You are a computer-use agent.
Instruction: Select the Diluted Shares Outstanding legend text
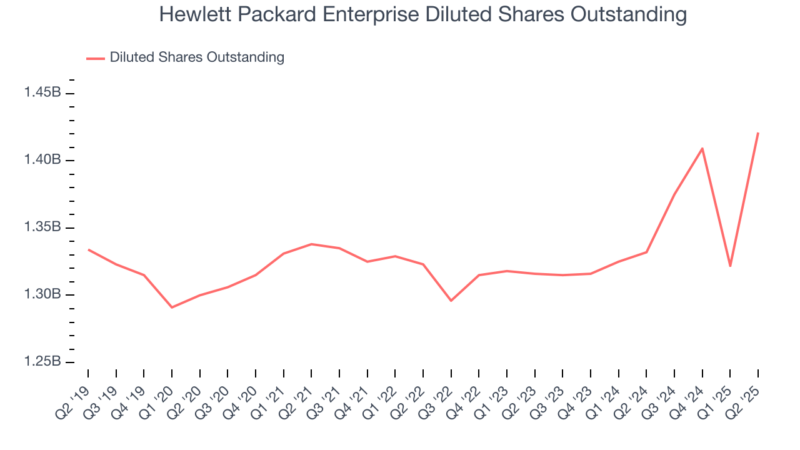tap(197, 57)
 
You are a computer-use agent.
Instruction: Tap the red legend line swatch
tap(96, 58)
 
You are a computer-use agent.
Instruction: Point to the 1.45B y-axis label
tap(42, 92)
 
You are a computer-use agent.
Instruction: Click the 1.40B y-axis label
tap(42, 160)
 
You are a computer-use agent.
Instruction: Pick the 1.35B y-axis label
tap(42, 227)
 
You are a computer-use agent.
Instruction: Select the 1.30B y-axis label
tap(42, 294)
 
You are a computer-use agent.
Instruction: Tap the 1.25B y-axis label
tap(42, 362)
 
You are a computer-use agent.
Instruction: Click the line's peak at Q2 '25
tap(758, 132)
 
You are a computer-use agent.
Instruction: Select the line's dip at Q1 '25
tap(730, 266)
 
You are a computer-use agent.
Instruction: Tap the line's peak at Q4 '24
tap(702, 149)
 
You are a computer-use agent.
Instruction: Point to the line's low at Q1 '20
tap(172, 307)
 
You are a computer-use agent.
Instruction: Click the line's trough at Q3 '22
tap(451, 301)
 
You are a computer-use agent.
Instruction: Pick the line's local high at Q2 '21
tap(311, 244)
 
